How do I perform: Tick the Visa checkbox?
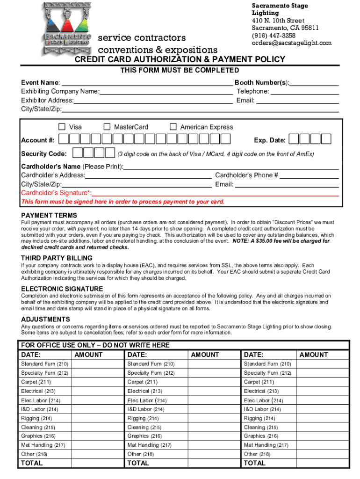[x=62, y=127]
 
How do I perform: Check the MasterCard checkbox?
[x=107, y=127]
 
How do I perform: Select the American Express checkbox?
[x=173, y=127]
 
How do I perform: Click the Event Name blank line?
[x=147, y=83]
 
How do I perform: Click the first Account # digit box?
[x=64, y=139]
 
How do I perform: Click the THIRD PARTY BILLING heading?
[x=57, y=258]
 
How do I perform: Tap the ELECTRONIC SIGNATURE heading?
[x=62, y=289]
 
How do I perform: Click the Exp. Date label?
[x=269, y=140]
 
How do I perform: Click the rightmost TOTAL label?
[x=254, y=463]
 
